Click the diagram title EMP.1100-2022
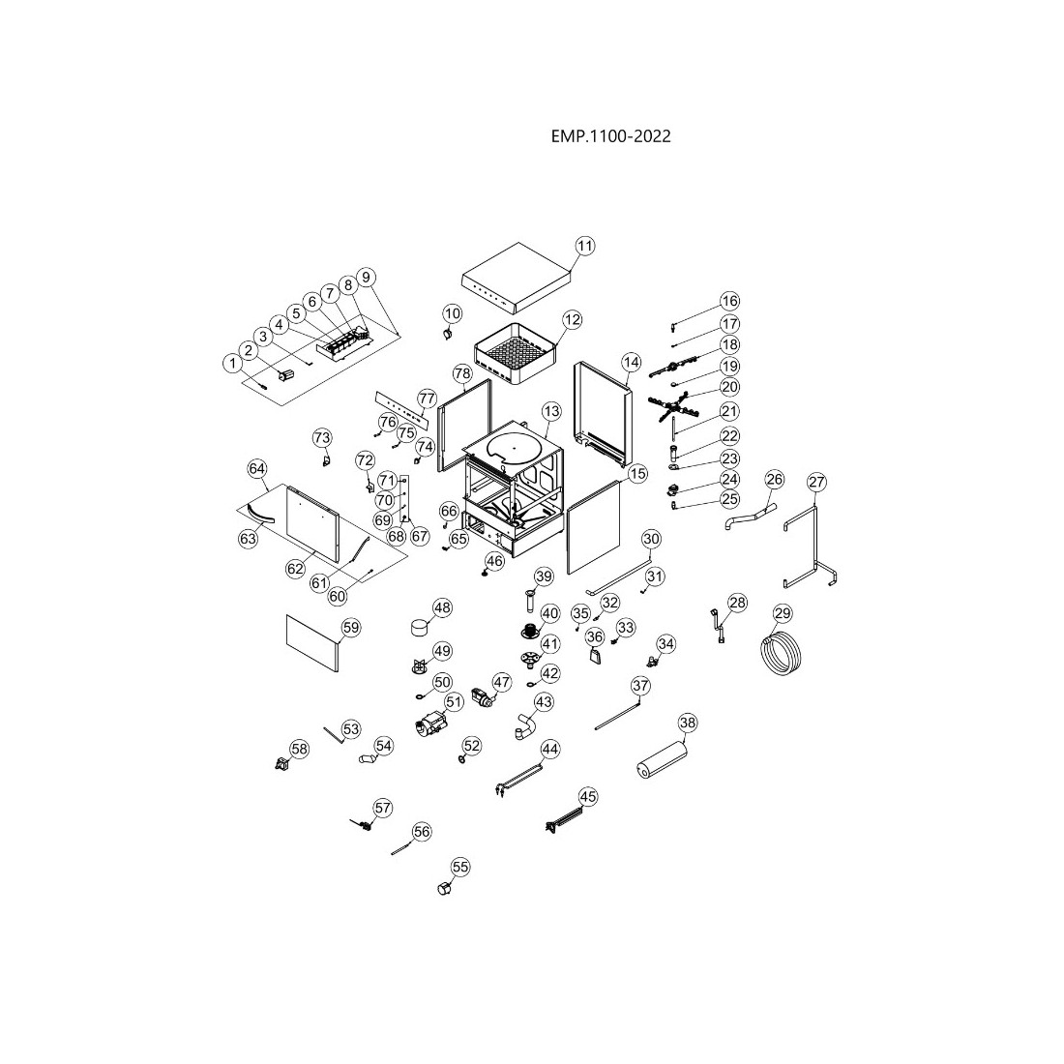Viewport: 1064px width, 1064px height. [609, 136]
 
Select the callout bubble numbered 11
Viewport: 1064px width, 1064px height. [584, 247]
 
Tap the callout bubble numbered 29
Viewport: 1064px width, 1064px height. [783, 613]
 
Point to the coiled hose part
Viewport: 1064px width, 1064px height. [781, 654]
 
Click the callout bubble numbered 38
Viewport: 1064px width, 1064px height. [688, 723]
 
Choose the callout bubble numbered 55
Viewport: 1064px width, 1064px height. [460, 868]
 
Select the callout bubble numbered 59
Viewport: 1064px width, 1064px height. [350, 628]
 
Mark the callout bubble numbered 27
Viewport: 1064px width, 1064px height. [817, 482]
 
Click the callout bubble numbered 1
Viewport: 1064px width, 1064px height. [232, 363]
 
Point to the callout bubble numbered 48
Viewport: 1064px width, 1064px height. [442, 607]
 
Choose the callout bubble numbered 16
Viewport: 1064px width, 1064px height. [729, 301]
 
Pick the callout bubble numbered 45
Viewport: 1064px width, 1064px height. [587, 796]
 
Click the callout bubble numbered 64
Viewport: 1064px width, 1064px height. [256, 468]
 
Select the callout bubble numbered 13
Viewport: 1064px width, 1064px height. [550, 411]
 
